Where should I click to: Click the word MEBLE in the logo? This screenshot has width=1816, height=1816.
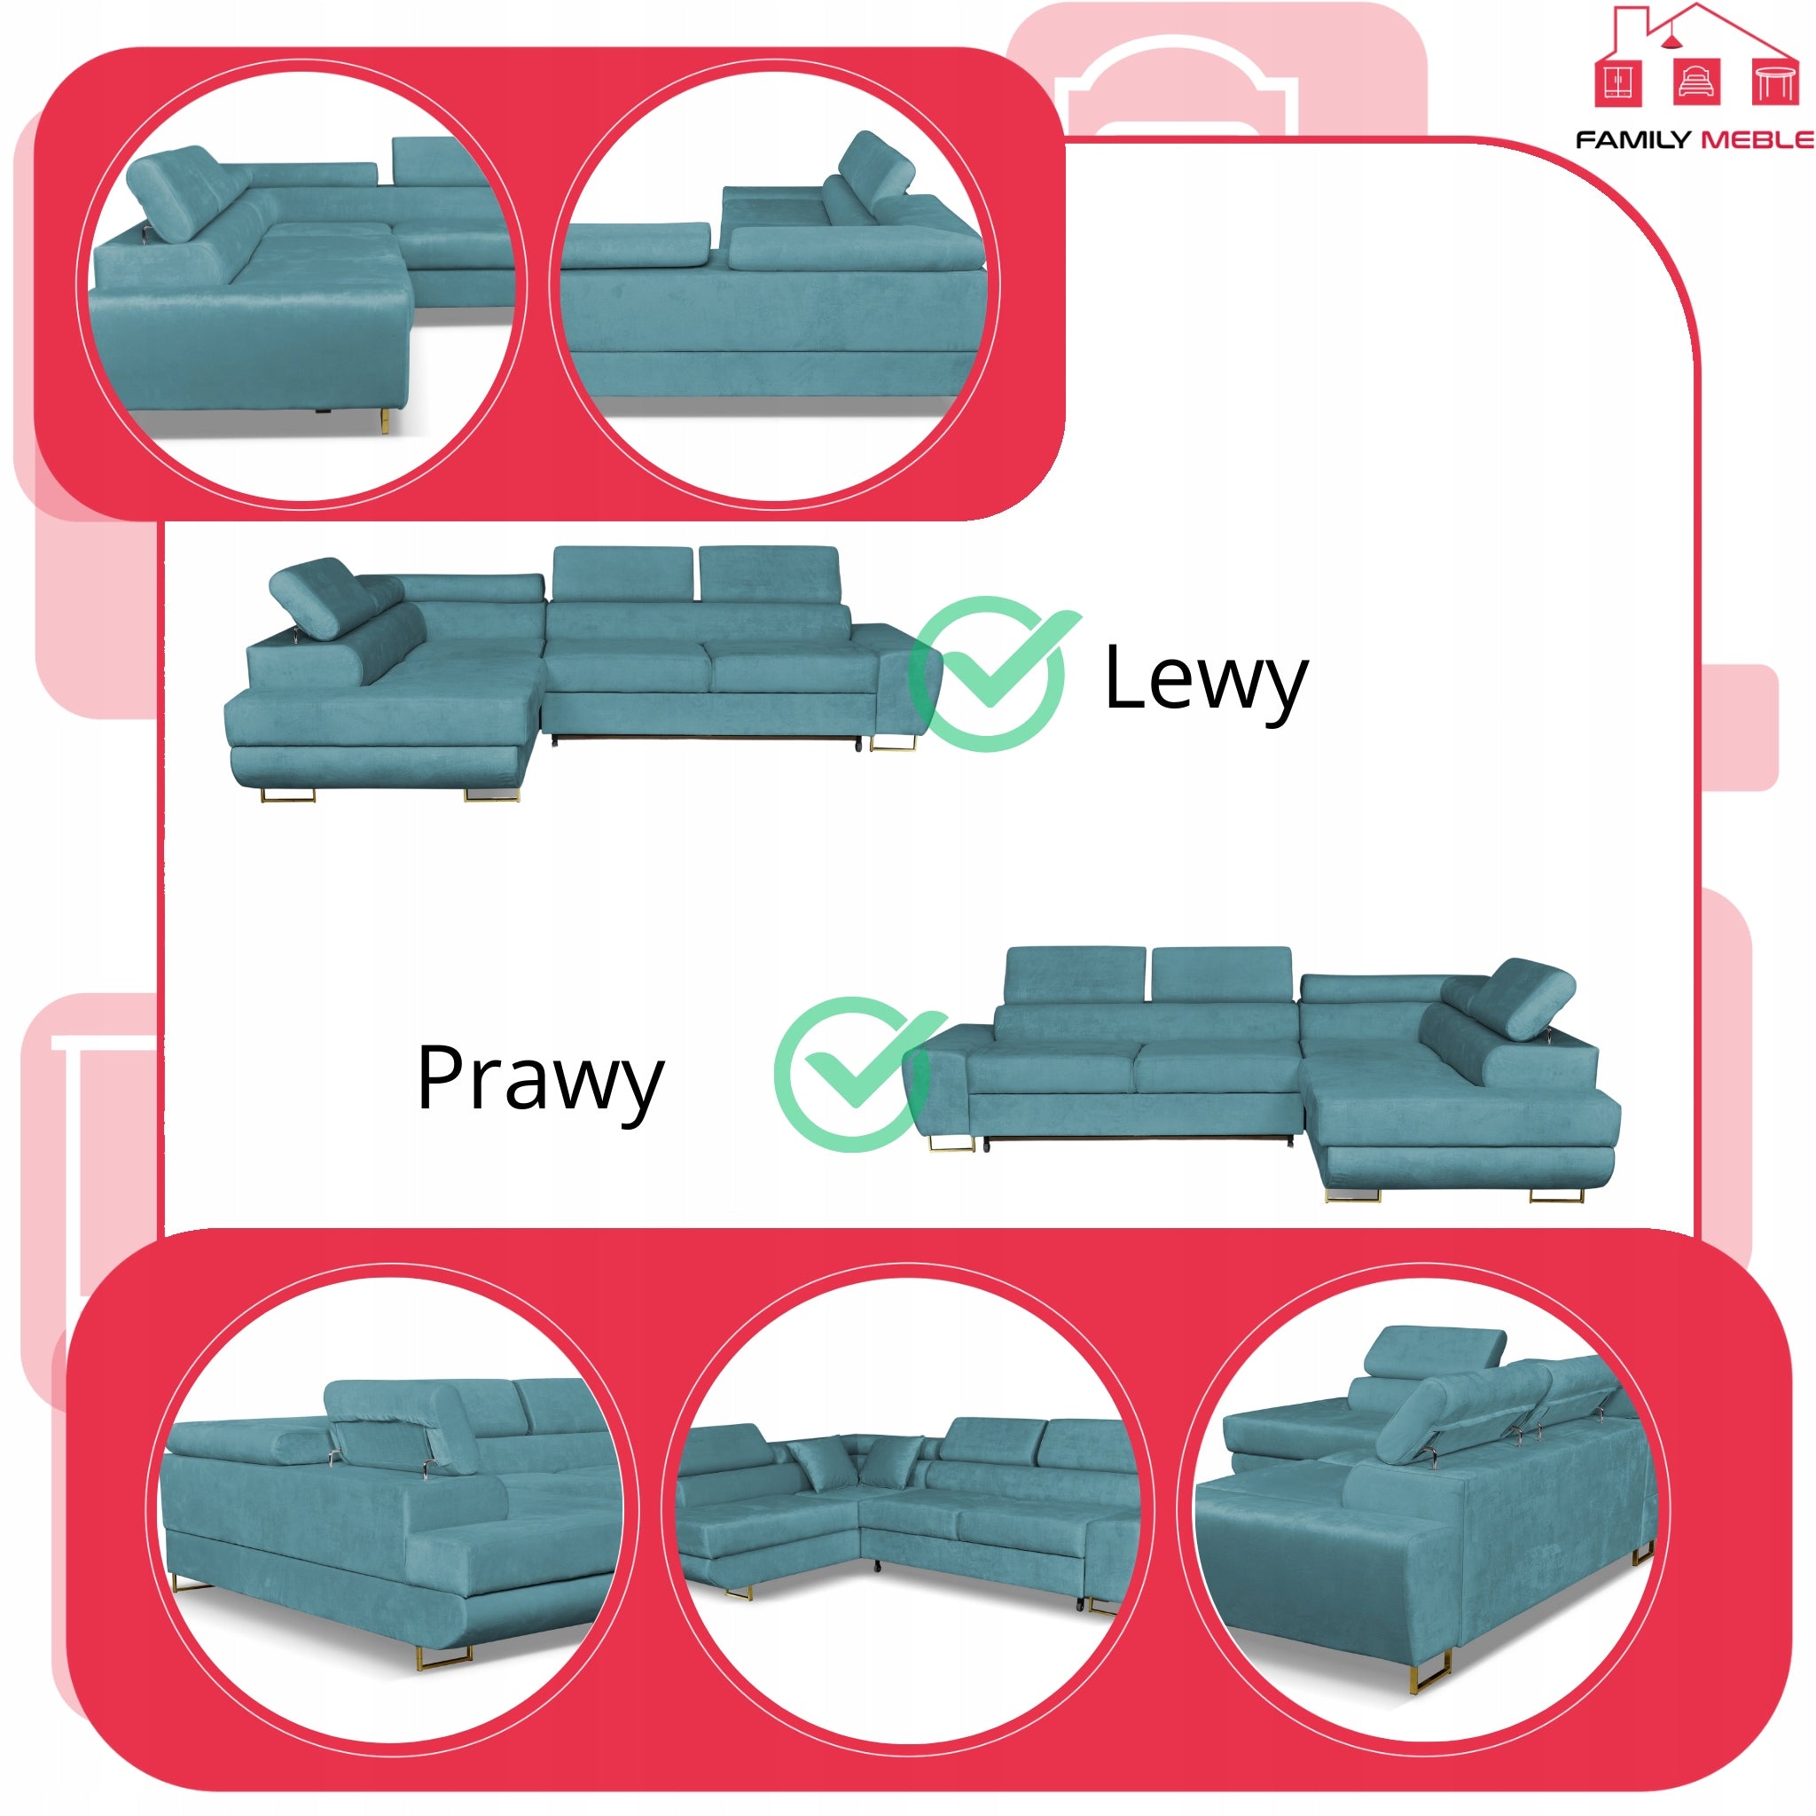pos(1757,140)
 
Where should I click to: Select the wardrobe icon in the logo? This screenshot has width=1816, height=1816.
pos(1618,82)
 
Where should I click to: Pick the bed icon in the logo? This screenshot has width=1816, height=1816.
pos(1697,82)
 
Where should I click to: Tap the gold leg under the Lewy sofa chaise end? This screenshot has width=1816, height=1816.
pos(490,795)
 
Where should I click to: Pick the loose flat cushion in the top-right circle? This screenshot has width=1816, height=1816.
pos(636,246)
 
